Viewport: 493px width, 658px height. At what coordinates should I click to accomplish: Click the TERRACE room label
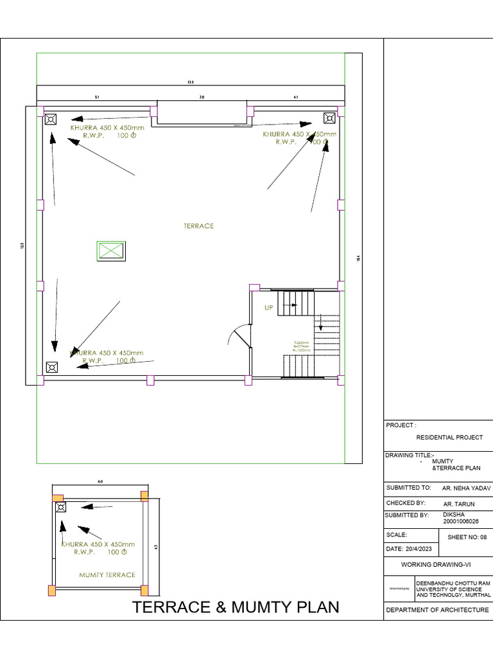click(198, 226)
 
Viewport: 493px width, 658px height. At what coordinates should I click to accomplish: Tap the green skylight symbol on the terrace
click(110, 251)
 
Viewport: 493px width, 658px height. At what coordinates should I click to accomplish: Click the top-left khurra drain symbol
click(51, 119)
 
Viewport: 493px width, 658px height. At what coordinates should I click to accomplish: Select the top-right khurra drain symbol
click(329, 118)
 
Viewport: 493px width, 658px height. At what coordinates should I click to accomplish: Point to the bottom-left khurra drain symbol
click(51, 367)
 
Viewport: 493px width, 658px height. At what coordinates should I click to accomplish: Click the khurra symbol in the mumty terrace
click(61, 507)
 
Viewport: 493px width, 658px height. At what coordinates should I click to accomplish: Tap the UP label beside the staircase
click(269, 308)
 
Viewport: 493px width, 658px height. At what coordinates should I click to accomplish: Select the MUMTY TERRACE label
click(107, 575)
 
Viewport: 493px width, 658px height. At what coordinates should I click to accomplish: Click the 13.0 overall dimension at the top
click(191, 82)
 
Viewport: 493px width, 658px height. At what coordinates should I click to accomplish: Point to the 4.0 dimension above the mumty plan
click(99, 481)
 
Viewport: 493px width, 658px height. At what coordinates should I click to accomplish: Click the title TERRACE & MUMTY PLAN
click(235, 607)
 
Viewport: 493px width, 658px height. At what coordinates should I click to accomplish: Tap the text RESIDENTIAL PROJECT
click(449, 438)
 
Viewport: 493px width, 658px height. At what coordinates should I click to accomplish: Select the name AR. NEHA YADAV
click(461, 488)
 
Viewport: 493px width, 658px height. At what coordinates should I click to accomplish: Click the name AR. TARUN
click(460, 503)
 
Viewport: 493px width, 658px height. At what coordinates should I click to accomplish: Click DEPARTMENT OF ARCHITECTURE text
click(437, 610)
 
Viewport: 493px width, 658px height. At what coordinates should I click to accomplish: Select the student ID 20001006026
click(461, 522)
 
